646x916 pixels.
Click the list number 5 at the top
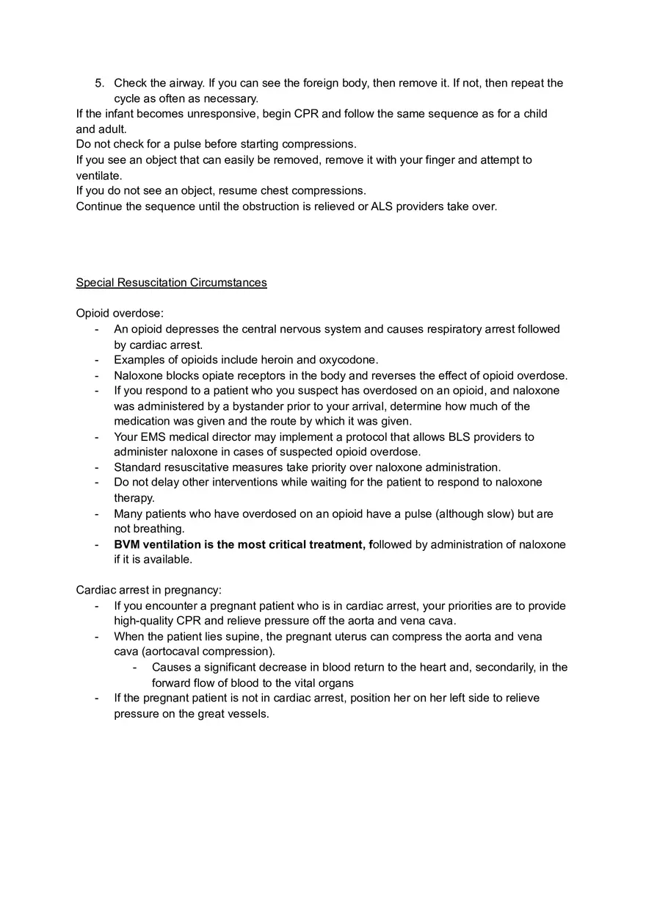coord(99,83)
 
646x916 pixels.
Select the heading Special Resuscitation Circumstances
coord(171,283)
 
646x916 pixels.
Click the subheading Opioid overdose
coord(120,314)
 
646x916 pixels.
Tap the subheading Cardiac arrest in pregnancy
coord(148,590)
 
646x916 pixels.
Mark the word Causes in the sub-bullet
coord(170,667)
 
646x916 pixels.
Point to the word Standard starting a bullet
coord(137,467)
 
